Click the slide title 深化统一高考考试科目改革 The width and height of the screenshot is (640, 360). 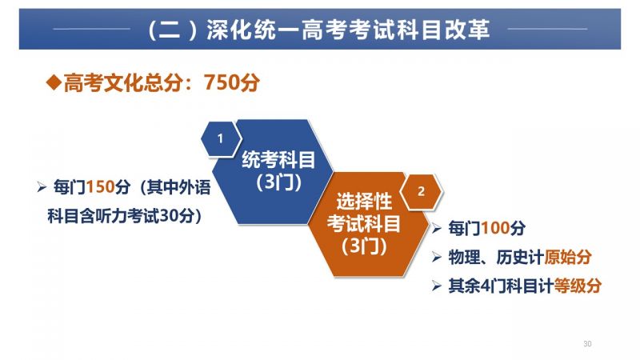348,30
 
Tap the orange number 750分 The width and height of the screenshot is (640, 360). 231,82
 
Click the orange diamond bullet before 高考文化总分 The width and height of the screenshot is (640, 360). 54,82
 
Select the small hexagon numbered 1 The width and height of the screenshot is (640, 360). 221,138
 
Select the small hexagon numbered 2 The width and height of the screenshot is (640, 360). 422,191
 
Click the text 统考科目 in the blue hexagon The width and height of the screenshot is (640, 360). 278,159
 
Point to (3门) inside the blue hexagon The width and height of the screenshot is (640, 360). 278,182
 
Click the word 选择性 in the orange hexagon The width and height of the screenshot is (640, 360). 364,202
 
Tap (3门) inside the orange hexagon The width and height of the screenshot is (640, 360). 364,246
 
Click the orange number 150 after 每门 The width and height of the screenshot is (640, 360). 100,187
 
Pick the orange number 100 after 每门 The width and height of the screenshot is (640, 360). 494,228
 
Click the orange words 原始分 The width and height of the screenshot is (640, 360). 568,257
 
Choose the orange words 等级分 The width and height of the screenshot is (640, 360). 578,286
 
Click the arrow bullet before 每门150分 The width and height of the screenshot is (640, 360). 42,187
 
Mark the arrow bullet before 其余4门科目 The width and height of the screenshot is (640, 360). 436,286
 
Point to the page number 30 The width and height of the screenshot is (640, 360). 587,344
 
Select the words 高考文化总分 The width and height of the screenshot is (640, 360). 123,82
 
